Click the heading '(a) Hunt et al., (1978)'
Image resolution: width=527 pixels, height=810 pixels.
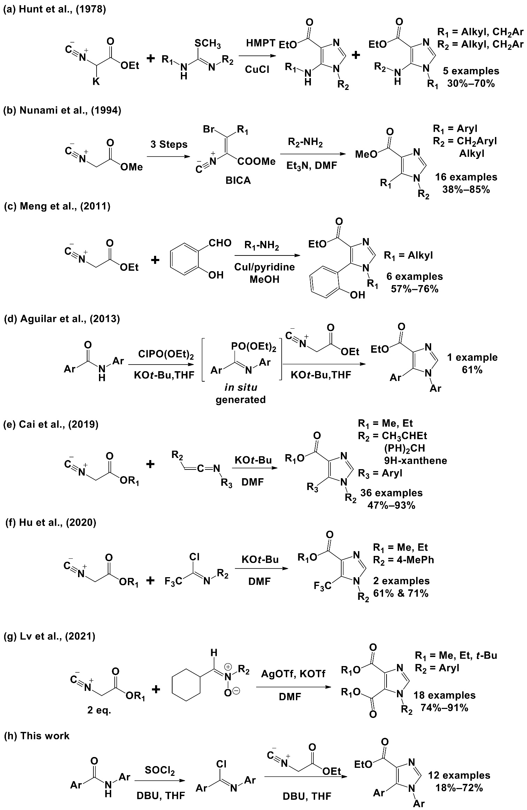click(54, 9)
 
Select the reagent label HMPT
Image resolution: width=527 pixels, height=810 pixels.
click(260, 43)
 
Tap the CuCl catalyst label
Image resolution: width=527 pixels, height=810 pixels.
click(257, 69)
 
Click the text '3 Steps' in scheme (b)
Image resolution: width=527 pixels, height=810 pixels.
click(169, 144)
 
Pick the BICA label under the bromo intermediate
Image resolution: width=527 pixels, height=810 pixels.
click(238, 181)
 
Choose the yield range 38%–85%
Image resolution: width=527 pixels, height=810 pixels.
click(466, 189)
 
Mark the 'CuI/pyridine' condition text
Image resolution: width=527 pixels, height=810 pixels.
click(264, 267)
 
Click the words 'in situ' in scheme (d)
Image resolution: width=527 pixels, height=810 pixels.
click(240, 387)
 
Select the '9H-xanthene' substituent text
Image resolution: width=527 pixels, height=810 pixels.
click(415, 460)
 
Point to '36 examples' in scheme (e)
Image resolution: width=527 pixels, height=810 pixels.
click(391, 493)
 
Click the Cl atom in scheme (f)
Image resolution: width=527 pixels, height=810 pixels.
click(193, 557)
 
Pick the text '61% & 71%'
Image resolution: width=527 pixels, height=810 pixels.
click(401, 593)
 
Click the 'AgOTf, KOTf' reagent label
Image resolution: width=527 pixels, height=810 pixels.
click(293, 674)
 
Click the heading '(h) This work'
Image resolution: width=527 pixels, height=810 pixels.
click(36, 736)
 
